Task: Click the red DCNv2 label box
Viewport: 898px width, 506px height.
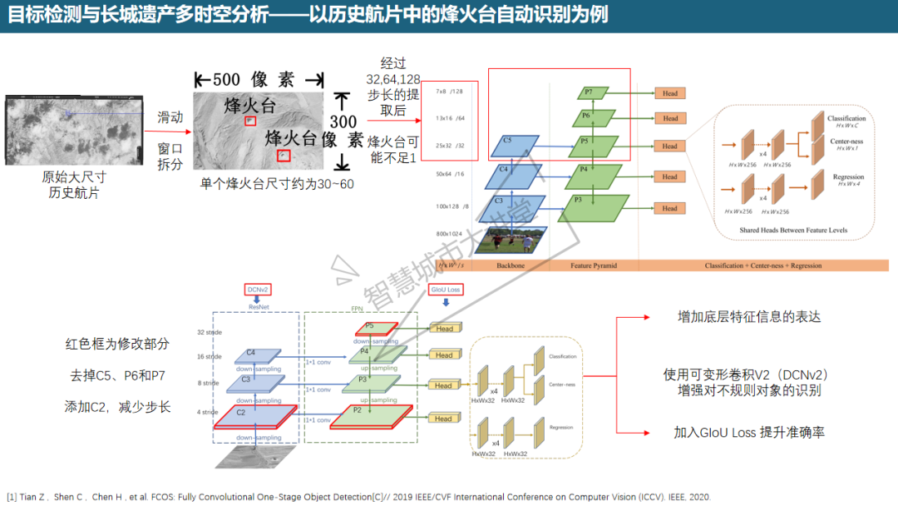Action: tap(257, 290)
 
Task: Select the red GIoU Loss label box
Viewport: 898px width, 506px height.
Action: tap(445, 290)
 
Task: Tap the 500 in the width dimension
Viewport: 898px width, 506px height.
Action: tap(227, 80)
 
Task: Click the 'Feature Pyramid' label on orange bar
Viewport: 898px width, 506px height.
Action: tap(593, 265)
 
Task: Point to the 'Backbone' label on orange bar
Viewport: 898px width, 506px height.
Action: tap(511, 265)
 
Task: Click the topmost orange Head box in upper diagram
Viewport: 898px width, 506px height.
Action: tap(670, 93)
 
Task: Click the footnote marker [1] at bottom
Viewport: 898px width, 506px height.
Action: tap(12, 497)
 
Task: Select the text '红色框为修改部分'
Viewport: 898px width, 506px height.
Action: tap(117, 343)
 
